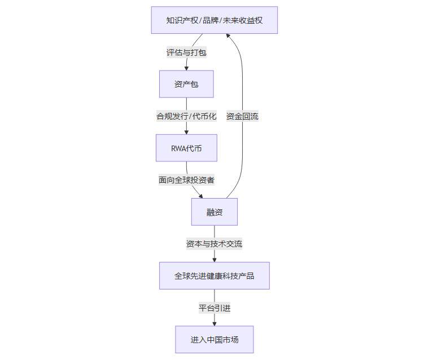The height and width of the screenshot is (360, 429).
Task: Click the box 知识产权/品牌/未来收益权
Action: [214, 20]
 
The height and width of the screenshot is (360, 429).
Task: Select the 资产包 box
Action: [186, 84]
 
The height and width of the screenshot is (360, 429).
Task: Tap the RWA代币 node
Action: [186, 148]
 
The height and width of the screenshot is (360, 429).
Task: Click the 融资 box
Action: [214, 212]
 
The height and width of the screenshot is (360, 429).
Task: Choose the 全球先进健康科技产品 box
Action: [214, 276]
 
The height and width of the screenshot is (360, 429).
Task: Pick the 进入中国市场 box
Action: [214, 340]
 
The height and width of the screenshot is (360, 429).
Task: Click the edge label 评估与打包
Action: [186, 52]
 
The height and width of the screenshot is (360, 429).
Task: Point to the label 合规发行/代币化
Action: [186, 116]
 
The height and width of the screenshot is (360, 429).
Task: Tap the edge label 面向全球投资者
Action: [186, 180]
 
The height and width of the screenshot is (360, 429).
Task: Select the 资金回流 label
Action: [242, 116]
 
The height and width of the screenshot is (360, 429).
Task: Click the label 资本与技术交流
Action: [214, 244]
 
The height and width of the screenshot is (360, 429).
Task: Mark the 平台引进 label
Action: [214, 308]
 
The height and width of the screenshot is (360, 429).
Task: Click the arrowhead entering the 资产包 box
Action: [186, 68]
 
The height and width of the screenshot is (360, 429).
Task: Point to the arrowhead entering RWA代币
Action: [186, 131]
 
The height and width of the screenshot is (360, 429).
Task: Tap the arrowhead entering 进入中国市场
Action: [214, 323]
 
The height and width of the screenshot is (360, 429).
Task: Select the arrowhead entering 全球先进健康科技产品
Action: [214, 259]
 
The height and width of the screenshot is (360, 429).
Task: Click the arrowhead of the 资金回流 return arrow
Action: [228, 36]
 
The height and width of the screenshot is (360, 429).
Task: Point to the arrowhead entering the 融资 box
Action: [200, 195]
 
